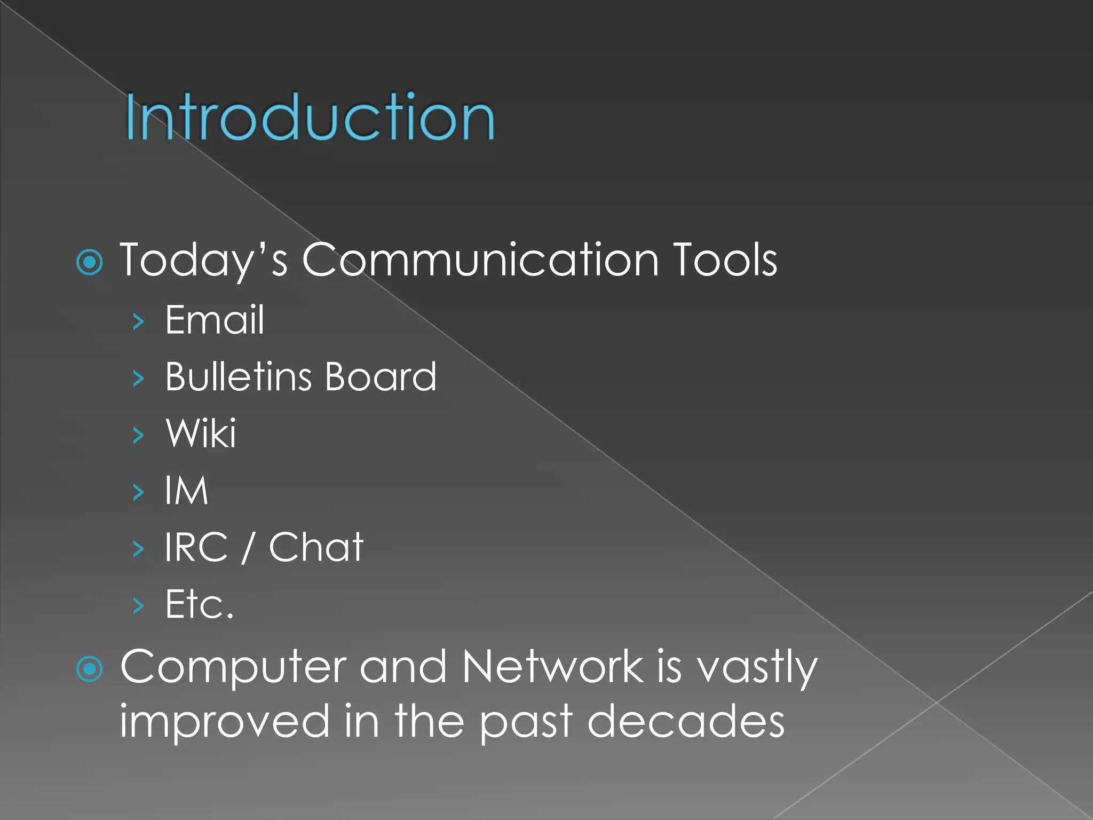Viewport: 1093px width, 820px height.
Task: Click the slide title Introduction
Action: [x=310, y=116]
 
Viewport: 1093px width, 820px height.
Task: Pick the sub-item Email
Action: [x=215, y=320]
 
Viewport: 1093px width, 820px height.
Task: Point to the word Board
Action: [x=381, y=376]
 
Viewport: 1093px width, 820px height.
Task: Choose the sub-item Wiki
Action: [x=201, y=433]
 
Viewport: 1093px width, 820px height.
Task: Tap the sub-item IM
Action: [x=186, y=490]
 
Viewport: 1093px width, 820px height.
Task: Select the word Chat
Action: [x=316, y=547]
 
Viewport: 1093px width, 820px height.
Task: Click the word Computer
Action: [x=233, y=667]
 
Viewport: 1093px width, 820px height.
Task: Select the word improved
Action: [x=224, y=722]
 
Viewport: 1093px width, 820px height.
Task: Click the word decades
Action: [x=686, y=721]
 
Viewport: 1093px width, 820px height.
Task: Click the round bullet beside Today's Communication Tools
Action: [x=90, y=262]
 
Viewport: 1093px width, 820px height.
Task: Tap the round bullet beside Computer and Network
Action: [x=90, y=669]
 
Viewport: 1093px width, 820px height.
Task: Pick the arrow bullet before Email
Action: [x=138, y=321]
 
